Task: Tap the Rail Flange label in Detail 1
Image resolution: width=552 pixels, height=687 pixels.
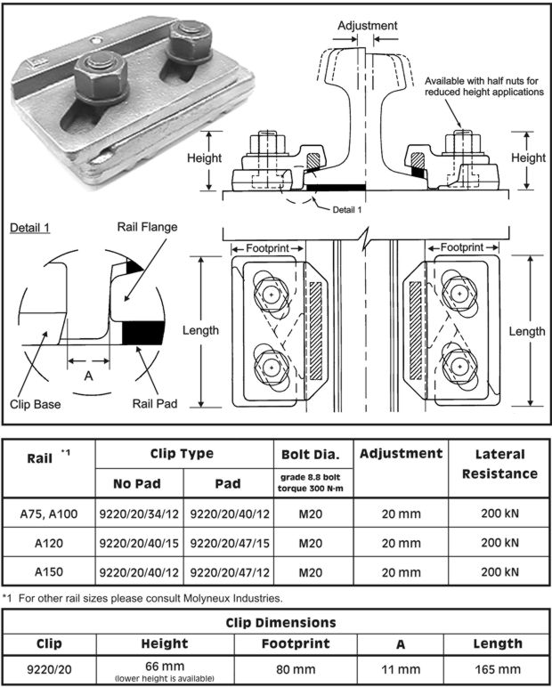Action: (x=147, y=227)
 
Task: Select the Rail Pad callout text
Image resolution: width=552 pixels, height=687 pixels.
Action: (x=152, y=403)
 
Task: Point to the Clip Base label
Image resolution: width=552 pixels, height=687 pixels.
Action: (x=36, y=405)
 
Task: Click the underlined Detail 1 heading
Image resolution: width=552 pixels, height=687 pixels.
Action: (x=28, y=227)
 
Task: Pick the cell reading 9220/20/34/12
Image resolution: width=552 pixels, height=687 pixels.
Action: (x=139, y=514)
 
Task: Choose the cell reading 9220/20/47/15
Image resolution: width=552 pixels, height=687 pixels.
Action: (x=227, y=543)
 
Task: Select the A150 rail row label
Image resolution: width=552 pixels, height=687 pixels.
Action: (x=48, y=571)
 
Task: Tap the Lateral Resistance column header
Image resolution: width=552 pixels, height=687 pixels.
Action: (x=499, y=464)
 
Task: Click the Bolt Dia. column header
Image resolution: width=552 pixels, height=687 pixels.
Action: (x=310, y=454)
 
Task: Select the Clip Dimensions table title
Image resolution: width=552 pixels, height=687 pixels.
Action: (x=277, y=623)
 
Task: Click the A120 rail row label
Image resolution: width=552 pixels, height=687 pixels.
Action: (x=48, y=543)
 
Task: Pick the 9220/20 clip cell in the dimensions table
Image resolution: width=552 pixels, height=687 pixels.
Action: (x=49, y=669)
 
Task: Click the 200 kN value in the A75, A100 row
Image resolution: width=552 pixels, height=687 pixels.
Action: (x=499, y=514)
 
